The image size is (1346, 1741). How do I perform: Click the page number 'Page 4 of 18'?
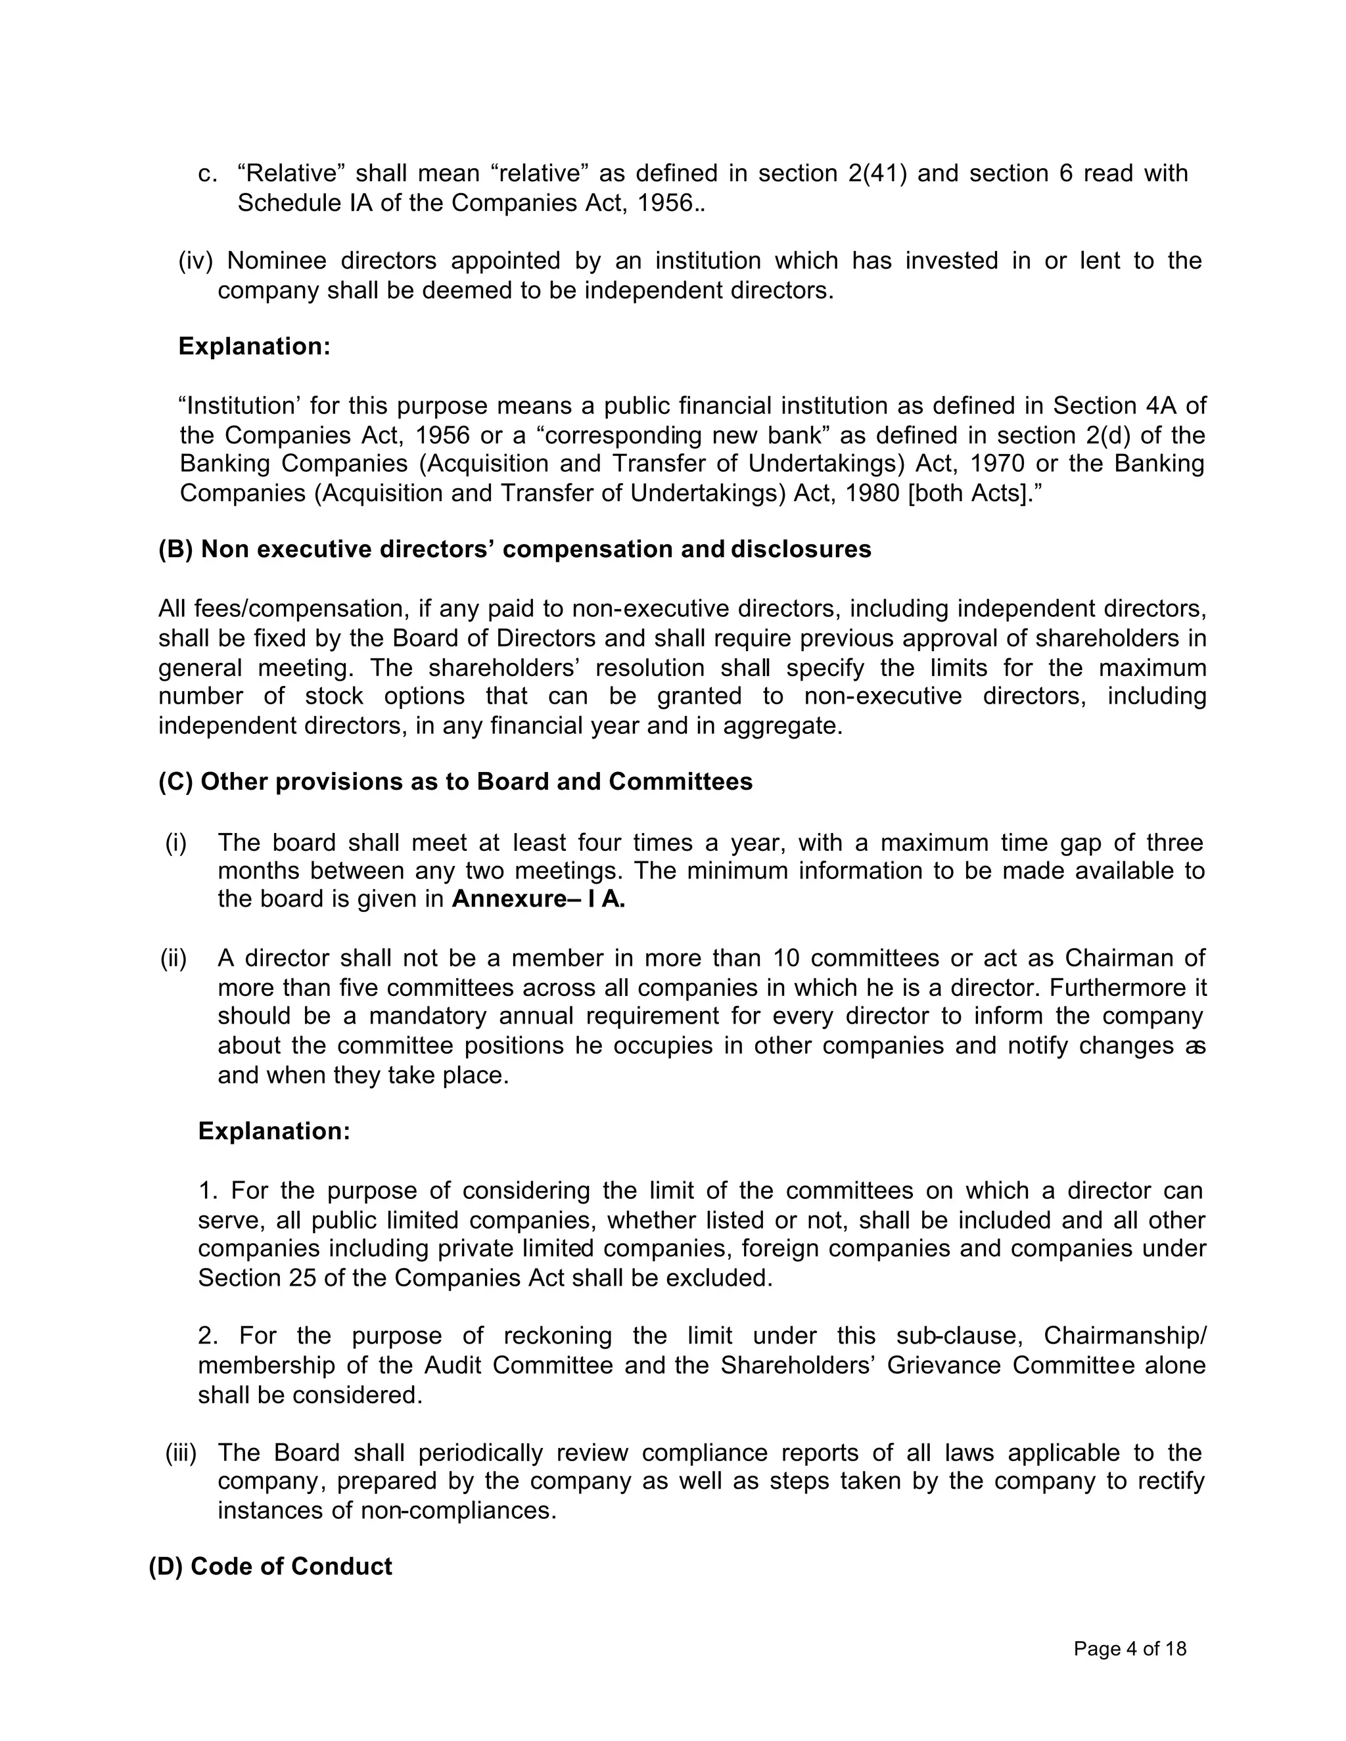(x=1129, y=1648)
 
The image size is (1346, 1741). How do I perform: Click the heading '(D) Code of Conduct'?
(x=270, y=1566)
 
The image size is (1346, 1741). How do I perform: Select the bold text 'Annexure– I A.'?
(x=538, y=899)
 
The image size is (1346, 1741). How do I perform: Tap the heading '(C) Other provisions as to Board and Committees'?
(x=455, y=781)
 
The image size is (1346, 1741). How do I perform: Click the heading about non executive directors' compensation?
(x=515, y=549)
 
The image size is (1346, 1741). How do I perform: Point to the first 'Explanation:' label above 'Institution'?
(x=254, y=346)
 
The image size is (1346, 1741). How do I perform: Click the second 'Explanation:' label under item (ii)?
(x=273, y=1131)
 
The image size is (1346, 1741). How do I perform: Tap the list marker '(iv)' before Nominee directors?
(x=195, y=261)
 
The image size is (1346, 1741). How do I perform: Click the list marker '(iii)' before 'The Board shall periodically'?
(x=180, y=1453)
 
